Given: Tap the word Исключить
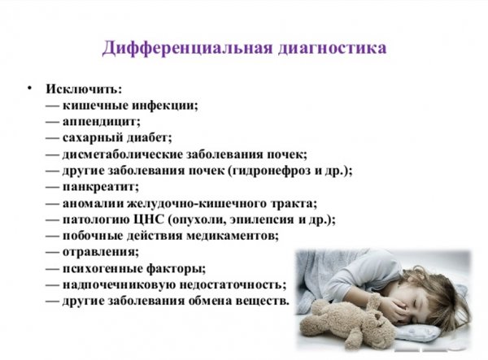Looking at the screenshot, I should (x=84, y=89).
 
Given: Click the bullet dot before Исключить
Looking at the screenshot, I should (x=29, y=87).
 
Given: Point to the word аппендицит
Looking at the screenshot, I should (x=101, y=121).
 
